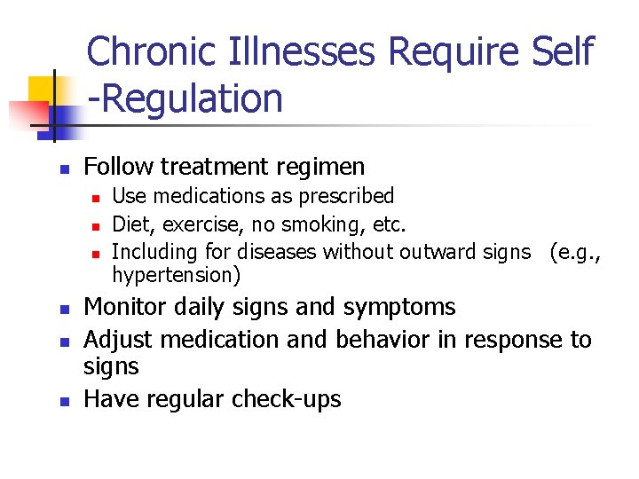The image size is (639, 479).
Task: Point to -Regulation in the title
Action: click(x=185, y=99)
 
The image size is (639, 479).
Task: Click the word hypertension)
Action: click(x=177, y=276)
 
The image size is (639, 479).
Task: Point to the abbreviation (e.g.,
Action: click(x=576, y=253)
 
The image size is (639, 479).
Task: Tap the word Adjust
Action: click(x=115, y=340)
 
